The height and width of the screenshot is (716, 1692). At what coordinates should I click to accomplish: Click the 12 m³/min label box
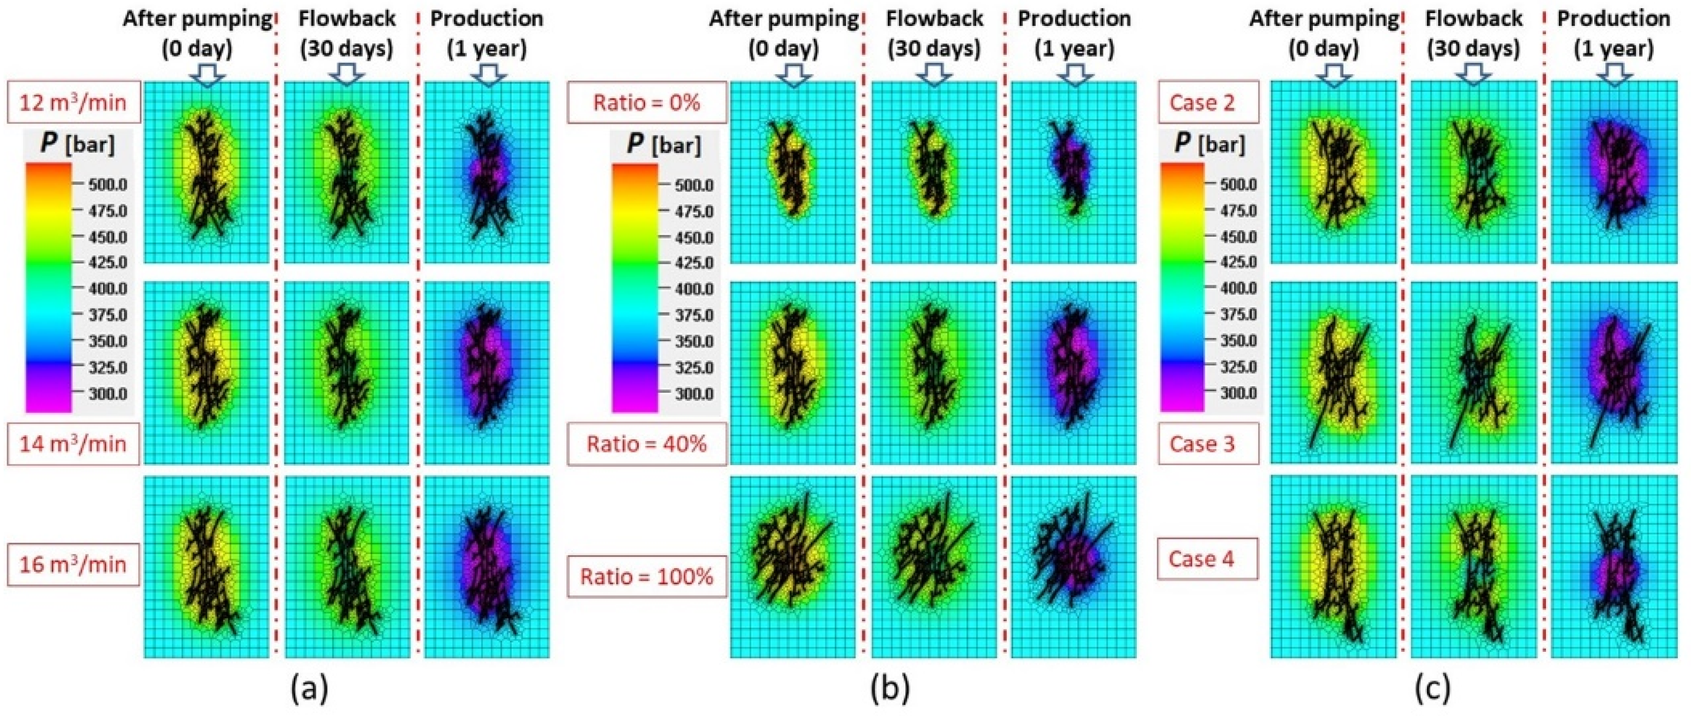click(x=73, y=102)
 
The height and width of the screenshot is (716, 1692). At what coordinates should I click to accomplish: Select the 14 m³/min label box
click(x=73, y=444)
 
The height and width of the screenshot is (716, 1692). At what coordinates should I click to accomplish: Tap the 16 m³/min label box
click(x=73, y=564)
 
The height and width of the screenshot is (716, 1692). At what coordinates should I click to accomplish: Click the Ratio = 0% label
click(x=646, y=102)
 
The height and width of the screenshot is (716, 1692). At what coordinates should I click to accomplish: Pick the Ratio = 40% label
click(x=646, y=444)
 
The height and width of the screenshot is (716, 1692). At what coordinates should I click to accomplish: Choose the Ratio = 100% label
click(x=646, y=576)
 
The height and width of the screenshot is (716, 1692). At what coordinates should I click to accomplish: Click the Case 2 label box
click(x=1208, y=102)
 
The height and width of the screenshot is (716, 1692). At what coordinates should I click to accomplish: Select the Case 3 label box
click(x=1208, y=444)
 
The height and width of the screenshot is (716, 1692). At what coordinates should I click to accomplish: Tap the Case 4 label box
click(x=1208, y=559)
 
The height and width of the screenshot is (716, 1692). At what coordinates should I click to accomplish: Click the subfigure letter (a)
click(x=308, y=688)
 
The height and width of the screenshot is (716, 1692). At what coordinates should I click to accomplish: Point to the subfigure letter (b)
click(x=891, y=688)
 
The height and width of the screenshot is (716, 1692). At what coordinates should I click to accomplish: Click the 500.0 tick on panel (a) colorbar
click(x=108, y=184)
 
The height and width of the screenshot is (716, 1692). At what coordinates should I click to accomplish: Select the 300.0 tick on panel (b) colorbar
click(x=694, y=394)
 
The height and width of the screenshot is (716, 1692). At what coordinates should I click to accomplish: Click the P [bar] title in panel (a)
click(x=78, y=144)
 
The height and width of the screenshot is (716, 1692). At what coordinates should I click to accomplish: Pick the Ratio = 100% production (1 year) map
click(x=1073, y=566)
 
